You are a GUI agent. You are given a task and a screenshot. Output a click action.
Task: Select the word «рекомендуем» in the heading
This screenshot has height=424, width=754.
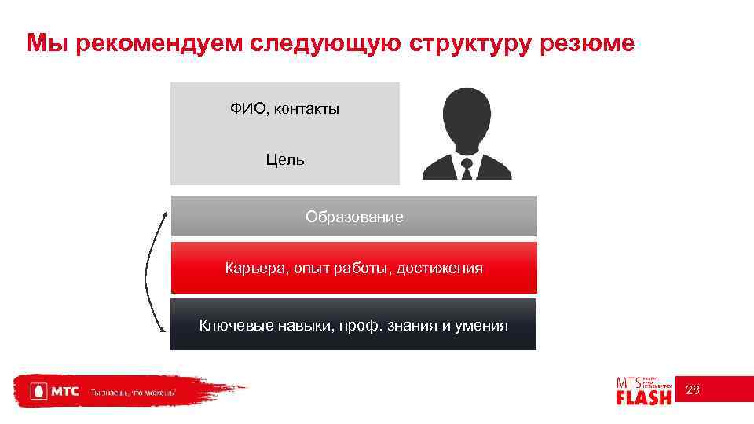tap(154, 43)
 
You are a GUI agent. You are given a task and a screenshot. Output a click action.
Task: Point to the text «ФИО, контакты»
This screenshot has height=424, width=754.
tap(284, 109)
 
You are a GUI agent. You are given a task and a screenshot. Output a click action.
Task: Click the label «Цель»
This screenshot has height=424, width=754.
tap(285, 160)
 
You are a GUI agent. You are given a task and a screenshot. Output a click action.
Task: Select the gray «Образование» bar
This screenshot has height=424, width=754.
tap(354, 217)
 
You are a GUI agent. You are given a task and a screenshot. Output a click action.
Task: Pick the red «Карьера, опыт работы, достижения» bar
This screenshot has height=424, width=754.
tap(354, 269)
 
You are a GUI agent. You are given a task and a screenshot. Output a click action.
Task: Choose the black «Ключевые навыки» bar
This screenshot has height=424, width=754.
tap(353, 325)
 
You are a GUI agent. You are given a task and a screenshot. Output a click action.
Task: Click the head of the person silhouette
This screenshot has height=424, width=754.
tap(467, 115)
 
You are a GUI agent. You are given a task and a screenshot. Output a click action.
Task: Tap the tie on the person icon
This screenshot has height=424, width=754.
tap(467, 169)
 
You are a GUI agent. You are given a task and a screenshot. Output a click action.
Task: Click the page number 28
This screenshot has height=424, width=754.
tap(693, 390)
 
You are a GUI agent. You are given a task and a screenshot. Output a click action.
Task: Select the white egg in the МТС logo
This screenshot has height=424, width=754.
tap(36, 391)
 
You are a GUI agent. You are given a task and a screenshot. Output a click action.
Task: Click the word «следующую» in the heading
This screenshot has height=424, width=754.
tap(326, 43)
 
